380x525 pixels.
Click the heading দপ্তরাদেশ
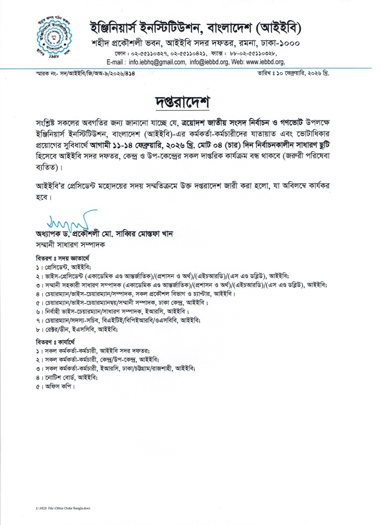[x=182, y=102]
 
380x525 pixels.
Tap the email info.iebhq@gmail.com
[x=157, y=62]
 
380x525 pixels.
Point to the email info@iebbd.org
[x=209, y=62]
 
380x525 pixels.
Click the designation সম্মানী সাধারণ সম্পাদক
[x=70, y=245]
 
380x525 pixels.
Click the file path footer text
[x=63, y=508]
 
